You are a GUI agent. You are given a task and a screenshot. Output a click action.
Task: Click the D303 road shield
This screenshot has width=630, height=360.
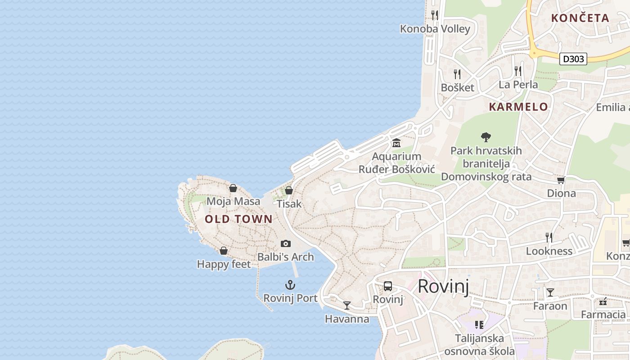point(573,59)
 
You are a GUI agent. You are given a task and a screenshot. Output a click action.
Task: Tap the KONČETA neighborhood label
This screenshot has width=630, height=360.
point(580,18)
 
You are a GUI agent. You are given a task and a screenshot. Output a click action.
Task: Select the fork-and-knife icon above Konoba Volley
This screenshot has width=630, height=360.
point(435,15)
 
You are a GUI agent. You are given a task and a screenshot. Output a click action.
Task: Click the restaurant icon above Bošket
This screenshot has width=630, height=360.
point(457,74)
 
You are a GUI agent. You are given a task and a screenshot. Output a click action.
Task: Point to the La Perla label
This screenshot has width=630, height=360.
point(518,85)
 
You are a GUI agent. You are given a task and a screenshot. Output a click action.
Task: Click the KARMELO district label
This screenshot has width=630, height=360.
point(518,107)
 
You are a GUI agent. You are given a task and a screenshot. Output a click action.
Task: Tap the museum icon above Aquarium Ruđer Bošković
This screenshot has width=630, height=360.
point(396,143)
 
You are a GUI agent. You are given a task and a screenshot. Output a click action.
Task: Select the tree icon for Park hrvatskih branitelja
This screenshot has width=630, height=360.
point(486,137)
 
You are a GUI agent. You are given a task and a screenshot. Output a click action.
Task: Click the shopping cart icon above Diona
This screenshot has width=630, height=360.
point(561,180)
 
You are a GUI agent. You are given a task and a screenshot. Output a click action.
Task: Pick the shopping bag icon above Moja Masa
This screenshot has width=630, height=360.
point(233,188)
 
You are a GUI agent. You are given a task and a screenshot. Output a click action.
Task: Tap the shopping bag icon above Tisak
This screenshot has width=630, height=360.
point(289,190)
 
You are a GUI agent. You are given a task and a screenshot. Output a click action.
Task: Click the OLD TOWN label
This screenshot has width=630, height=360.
point(238,219)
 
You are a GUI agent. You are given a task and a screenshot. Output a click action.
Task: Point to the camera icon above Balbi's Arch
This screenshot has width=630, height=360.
point(285,243)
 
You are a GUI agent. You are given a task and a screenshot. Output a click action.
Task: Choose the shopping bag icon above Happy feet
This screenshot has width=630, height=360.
point(224,251)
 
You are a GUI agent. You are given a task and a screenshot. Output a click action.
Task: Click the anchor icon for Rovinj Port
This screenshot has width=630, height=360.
point(290,285)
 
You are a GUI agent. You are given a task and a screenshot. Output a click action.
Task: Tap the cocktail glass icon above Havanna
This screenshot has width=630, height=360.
point(347,306)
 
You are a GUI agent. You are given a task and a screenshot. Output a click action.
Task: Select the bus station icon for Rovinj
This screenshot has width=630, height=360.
point(387,286)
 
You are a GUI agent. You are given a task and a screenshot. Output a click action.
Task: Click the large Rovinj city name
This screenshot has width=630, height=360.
point(443,286)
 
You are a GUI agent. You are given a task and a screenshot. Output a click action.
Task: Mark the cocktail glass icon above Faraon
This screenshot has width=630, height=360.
point(550,292)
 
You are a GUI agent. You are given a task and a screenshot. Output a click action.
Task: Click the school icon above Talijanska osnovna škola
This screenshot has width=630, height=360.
point(479,324)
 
